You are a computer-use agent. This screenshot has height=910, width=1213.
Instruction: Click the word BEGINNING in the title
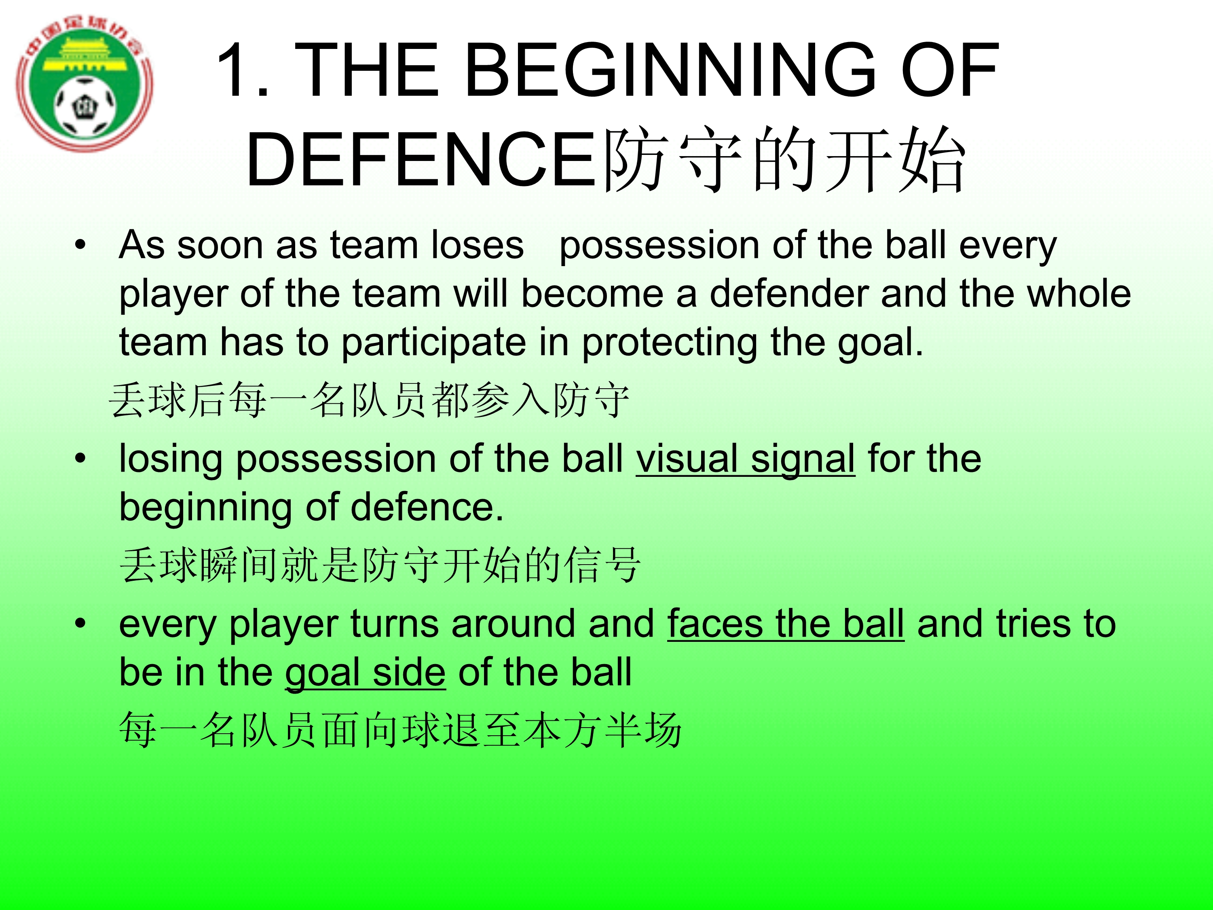670,70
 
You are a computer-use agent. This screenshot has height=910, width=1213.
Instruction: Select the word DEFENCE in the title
421,161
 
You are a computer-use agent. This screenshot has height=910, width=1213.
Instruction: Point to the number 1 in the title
233,70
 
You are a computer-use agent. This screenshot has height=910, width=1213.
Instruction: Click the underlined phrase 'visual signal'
746,460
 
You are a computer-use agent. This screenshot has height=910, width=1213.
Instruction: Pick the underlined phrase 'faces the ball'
786,625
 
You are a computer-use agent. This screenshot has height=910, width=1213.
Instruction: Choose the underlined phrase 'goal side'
365,673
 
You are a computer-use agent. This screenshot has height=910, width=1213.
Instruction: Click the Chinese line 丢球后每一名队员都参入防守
369,400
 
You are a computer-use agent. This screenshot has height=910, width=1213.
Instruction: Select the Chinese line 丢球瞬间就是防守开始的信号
380,565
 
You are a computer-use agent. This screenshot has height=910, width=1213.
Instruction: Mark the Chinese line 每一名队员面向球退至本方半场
400,730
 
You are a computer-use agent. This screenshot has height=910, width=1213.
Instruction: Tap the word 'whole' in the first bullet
1079,294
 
